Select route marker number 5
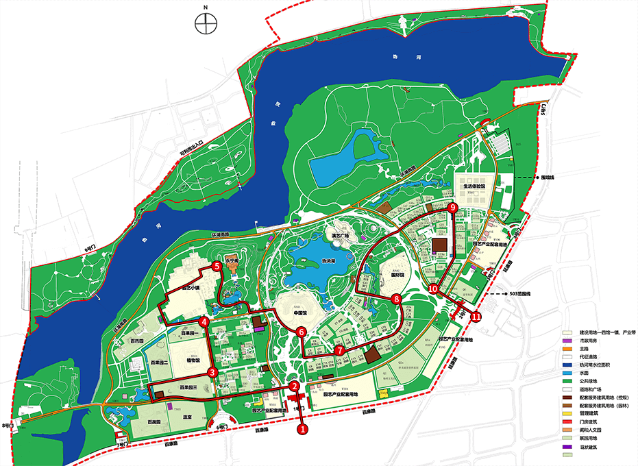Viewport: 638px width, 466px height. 217,267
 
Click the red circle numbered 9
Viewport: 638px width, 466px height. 452,207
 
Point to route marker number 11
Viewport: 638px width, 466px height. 476,317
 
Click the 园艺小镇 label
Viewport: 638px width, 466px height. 191,289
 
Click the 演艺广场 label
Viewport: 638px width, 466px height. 341,235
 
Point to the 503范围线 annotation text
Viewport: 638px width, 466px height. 522,293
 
